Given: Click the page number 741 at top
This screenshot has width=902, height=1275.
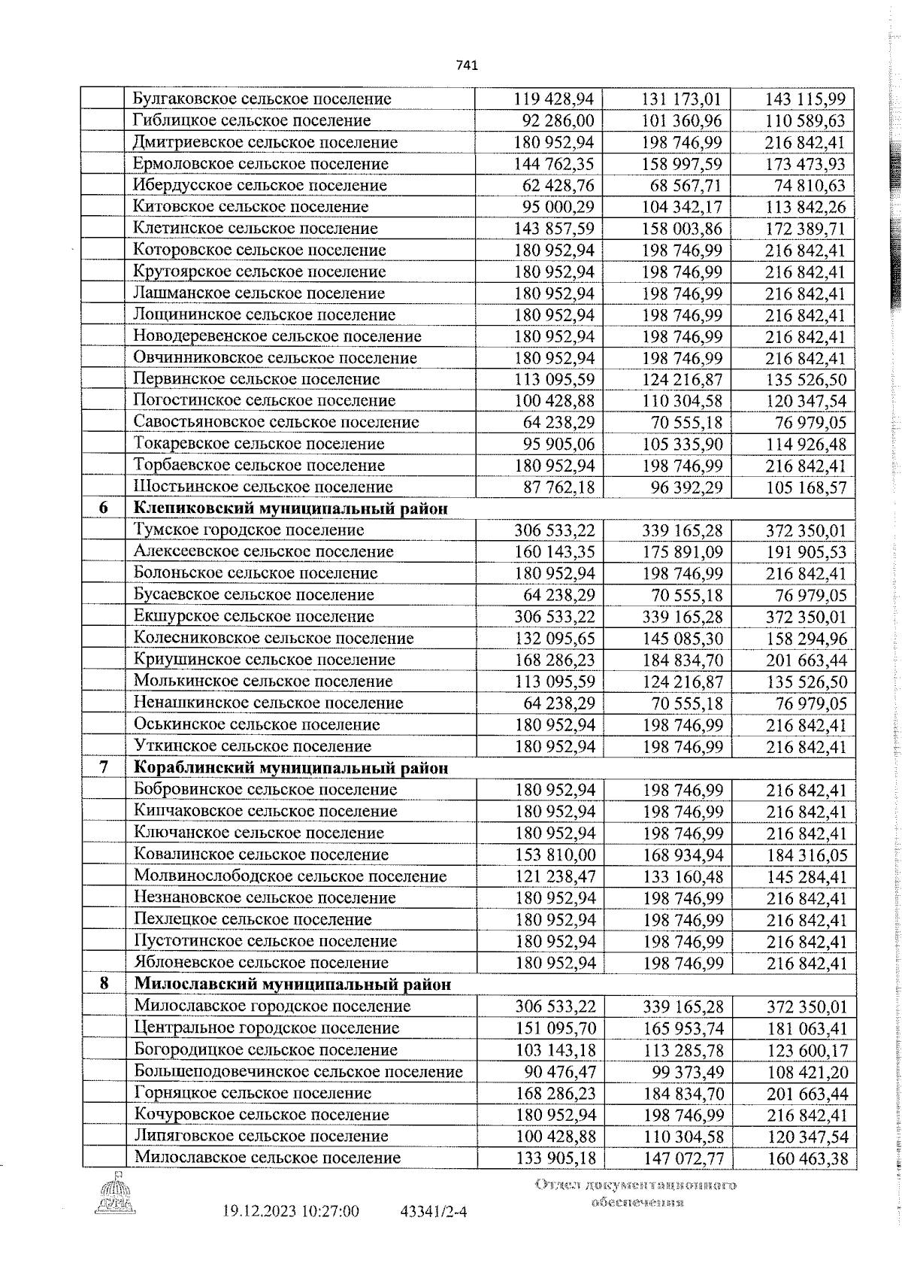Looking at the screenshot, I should click(467, 65).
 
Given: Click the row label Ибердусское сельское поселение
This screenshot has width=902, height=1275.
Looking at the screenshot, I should click(259, 185).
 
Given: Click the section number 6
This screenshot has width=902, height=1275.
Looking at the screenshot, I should click(104, 508).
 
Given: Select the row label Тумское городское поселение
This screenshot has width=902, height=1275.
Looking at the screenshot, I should click(249, 530).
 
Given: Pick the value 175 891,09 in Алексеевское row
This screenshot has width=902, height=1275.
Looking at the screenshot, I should click(683, 552).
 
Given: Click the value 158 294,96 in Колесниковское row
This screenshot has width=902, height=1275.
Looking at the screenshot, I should click(806, 639).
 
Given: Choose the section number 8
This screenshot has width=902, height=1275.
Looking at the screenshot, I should click(104, 985).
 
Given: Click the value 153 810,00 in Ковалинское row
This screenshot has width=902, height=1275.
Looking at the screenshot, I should click(555, 855).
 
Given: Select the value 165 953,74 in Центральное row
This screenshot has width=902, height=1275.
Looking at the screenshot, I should click(683, 1028).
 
